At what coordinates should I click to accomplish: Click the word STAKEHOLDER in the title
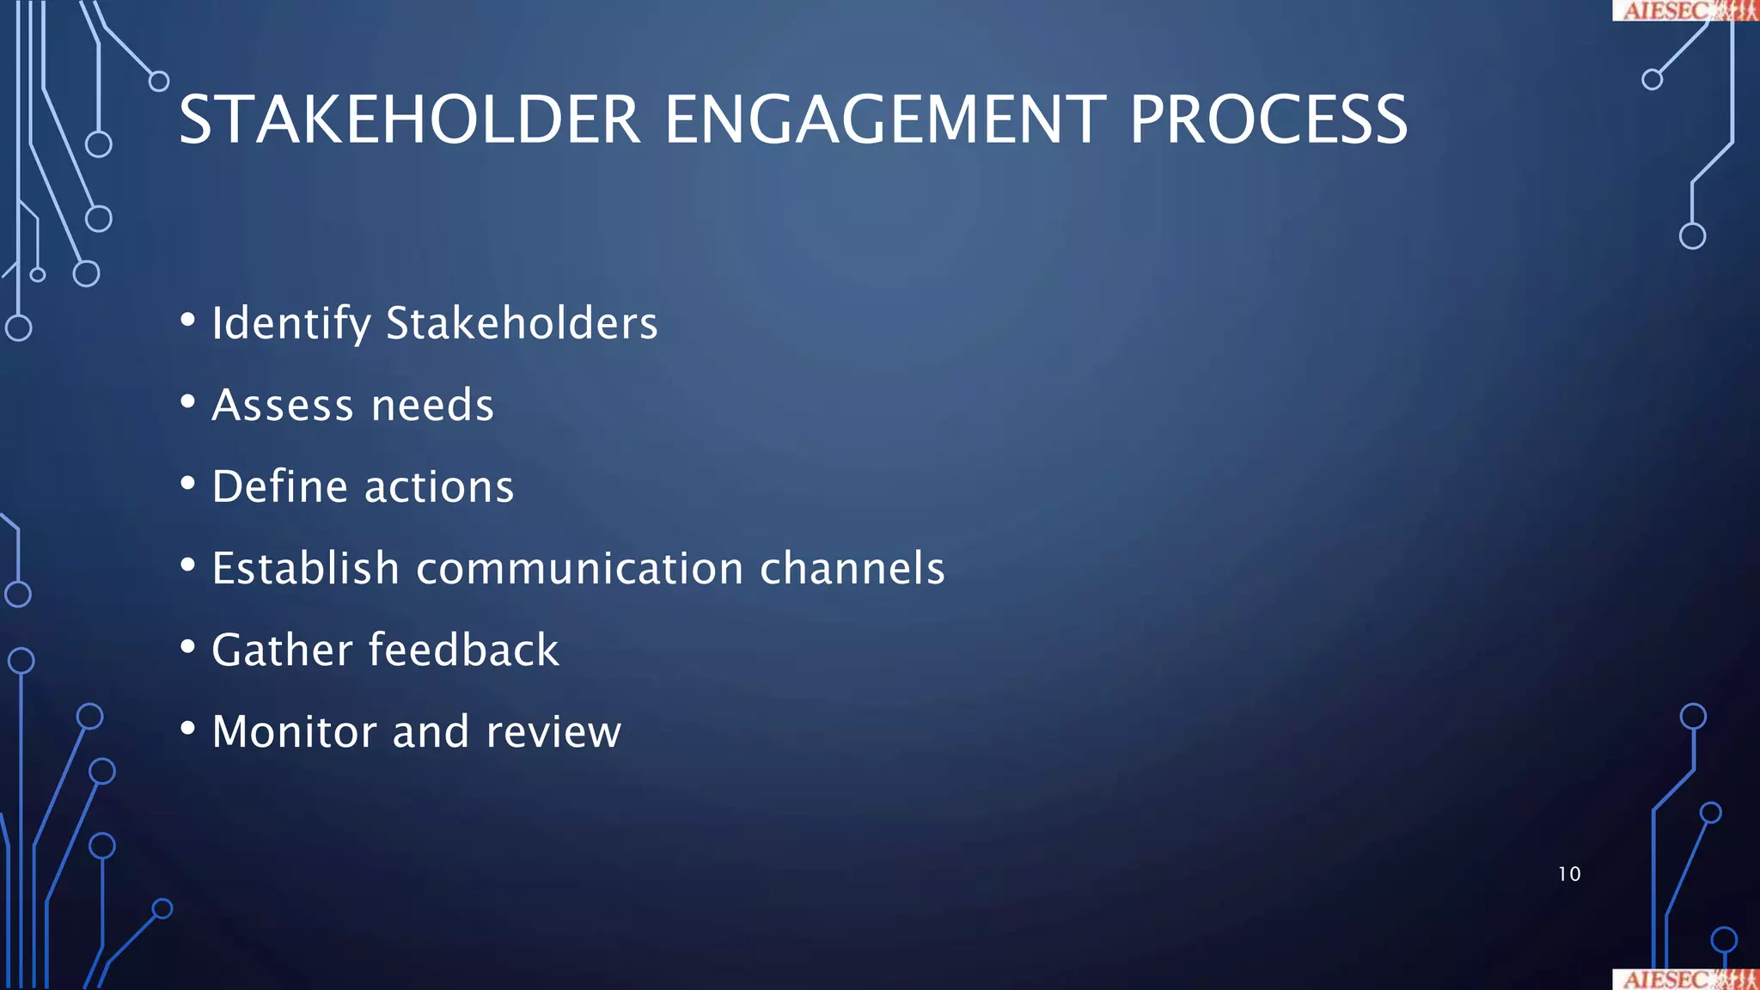[409, 120]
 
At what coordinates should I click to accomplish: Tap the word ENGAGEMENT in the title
[885, 120]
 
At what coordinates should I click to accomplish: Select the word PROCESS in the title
[1268, 120]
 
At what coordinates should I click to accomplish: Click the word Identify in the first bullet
[291, 325]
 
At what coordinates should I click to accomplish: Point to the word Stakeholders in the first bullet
[522, 323]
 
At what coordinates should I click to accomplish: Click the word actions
[439, 487]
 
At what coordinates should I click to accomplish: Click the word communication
[580, 568]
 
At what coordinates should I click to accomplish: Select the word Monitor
[294, 731]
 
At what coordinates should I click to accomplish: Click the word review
[553, 732]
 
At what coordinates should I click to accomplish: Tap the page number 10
[1569, 874]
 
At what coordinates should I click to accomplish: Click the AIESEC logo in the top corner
[1684, 9]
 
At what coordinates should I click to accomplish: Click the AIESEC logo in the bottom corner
[1684, 980]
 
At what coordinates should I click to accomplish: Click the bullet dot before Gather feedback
[188, 647]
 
